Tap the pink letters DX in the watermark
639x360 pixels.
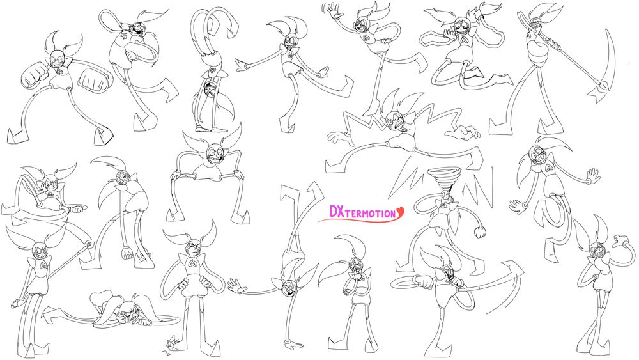coord(336,211)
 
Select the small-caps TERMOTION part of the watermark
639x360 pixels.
coord(369,213)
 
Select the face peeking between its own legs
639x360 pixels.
coord(211,88)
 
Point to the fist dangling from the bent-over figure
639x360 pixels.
coord(128,252)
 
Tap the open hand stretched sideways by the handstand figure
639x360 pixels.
coord(237,285)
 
